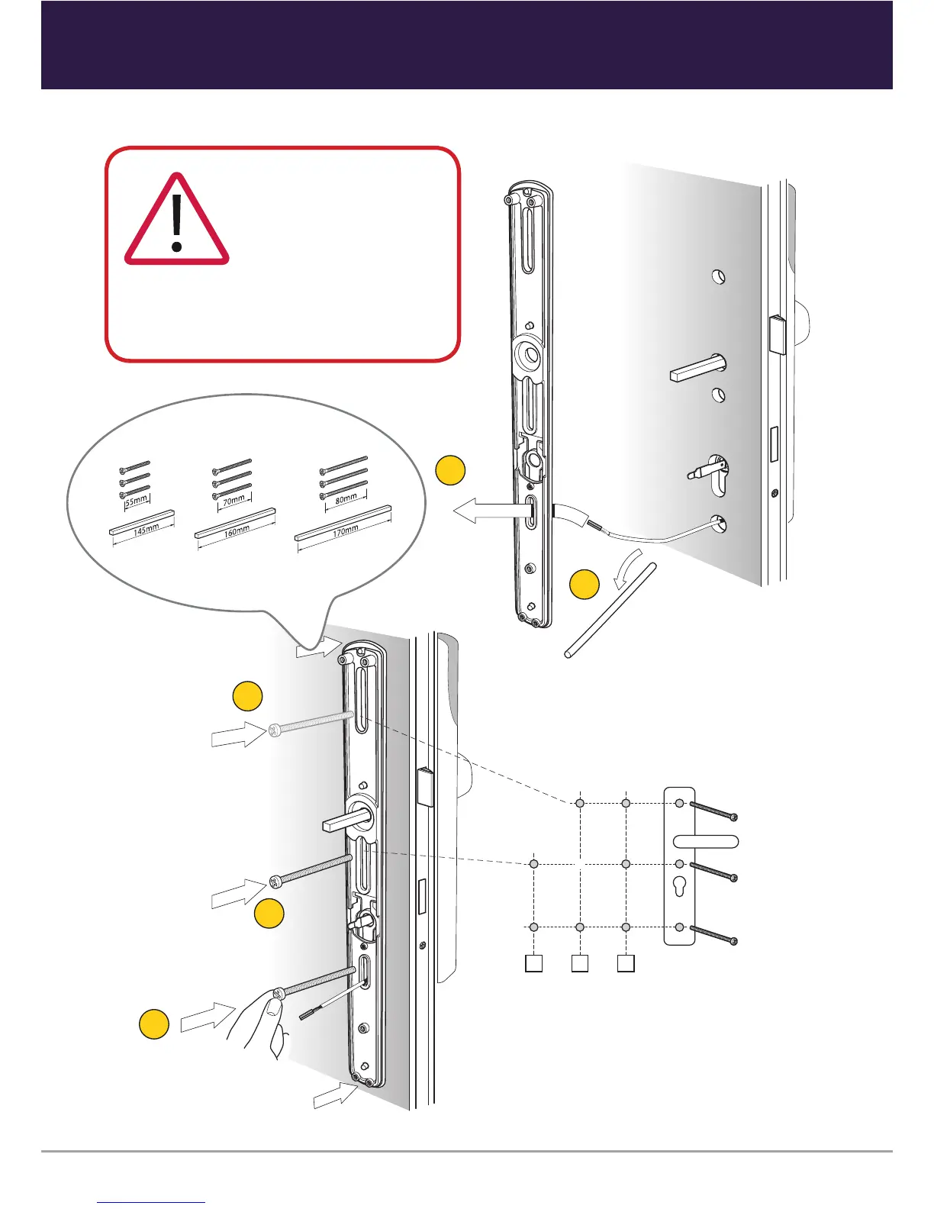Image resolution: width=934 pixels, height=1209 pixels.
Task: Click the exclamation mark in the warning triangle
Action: click(x=177, y=223)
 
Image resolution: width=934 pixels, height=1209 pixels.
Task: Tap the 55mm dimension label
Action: click(x=136, y=500)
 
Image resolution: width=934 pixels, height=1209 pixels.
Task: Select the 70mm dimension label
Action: click(x=233, y=500)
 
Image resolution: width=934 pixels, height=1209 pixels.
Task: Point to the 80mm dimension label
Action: click(x=346, y=498)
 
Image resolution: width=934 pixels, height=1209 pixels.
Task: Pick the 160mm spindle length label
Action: click(x=237, y=530)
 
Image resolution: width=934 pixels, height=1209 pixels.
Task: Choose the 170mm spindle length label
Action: click(x=346, y=530)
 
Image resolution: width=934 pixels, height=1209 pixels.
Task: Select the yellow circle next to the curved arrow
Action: click(x=585, y=585)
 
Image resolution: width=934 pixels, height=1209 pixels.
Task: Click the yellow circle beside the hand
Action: click(x=153, y=1024)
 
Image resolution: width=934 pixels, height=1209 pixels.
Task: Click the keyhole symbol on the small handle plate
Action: click(x=679, y=888)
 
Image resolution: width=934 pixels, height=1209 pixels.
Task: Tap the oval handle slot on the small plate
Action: click(x=706, y=842)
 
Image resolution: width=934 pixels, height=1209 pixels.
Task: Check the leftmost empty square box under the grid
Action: click(x=533, y=963)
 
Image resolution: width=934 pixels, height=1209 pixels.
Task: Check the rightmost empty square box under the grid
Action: click(x=626, y=963)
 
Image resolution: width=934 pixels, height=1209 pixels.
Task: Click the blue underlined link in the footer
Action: click(x=151, y=1202)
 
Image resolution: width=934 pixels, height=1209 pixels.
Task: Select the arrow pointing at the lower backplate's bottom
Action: click(x=335, y=1097)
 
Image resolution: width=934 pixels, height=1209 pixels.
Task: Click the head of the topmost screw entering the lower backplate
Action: click(x=275, y=731)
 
